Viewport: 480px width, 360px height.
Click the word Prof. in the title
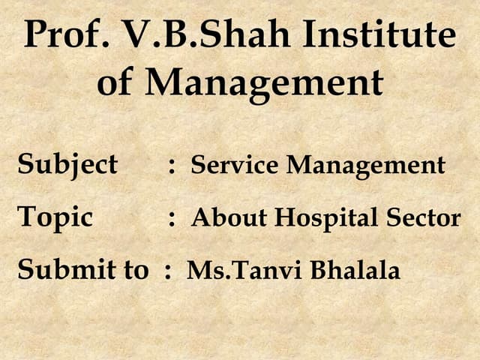tap(63, 36)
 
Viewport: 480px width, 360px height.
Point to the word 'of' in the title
tap(115, 82)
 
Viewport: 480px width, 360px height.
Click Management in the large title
tap(264, 82)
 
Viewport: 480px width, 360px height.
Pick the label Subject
tap(67, 164)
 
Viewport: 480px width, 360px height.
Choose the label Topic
tap(55, 217)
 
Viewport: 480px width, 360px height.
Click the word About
tap(228, 218)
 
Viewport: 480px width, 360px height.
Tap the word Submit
tap(63, 270)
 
